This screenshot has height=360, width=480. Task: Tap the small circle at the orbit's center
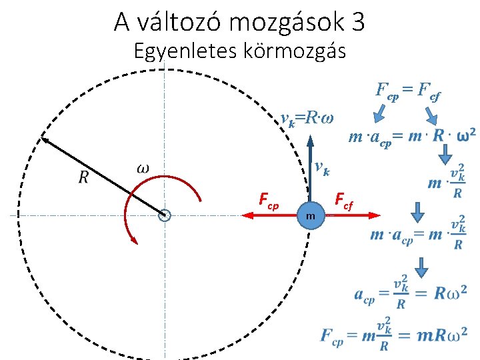tap(165, 215)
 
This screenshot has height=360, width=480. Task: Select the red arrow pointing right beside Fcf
tap(353, 215)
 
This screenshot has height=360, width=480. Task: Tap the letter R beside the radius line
tap(83, 177)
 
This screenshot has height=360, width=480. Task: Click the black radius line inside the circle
tap(103, 176)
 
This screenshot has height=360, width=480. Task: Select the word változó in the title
tap(178, 23)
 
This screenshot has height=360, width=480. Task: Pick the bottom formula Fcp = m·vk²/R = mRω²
tap(393, 334)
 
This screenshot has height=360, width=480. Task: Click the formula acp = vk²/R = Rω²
tap(410, 294)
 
